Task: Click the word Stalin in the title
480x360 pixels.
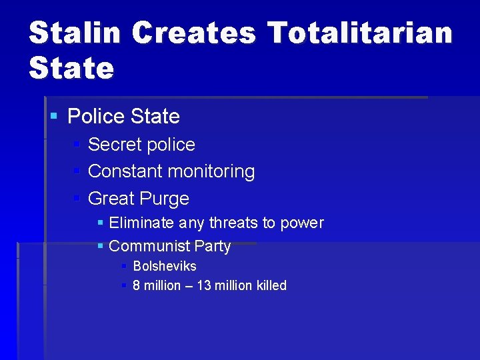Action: click(74, 33)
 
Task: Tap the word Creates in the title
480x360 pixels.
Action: click(193, 33)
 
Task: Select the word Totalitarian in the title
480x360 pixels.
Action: click(360, 33)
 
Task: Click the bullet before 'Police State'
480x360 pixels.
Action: click(54, 117)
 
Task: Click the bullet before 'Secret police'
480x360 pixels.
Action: click(77, 144)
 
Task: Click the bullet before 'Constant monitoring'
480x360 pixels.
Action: click(77, 171)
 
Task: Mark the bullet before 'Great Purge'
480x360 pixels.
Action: click(77, 198)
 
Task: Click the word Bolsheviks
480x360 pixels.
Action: click(165, 266)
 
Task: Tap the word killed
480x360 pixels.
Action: click(271, 285)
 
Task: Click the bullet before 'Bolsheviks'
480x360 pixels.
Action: click(124, 266)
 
